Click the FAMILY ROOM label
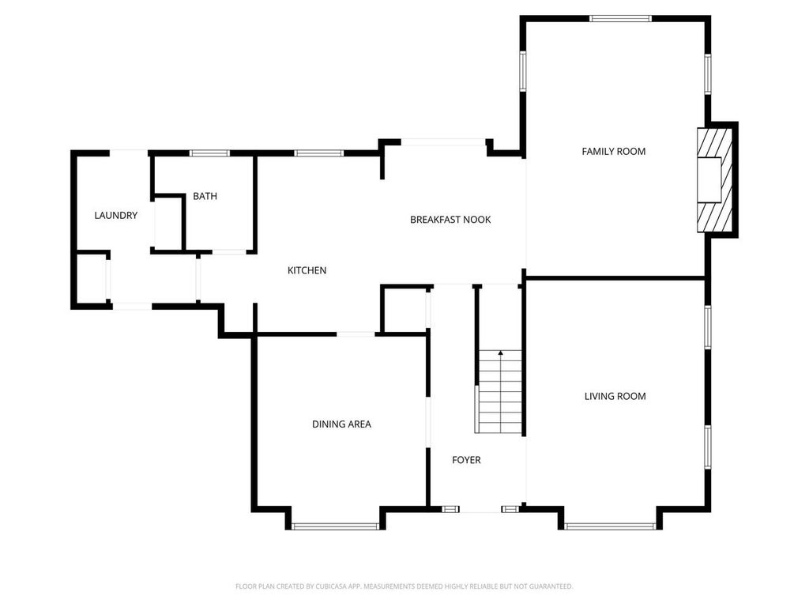[x=613, y=151]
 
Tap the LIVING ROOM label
[x=615, y=396]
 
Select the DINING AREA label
[x=341, y=424]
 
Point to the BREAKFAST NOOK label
[x=450, y=220]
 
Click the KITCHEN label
[x=307, y=270]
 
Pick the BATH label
[x=205, y=196]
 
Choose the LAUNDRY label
[x=116, y=215]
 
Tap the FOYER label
[x=466, y=460]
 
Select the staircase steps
[x=500, y=392]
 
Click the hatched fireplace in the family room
[x=714, y=180]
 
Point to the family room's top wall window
[x=621, y=19]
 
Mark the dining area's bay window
[x=335, y=526]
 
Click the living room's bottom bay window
[x=610, y=526]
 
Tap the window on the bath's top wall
[x=209, y=153]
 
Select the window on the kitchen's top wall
[x=319, y=153]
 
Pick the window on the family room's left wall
[x=523, y=71]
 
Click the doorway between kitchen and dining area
[x=356, y=334]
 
